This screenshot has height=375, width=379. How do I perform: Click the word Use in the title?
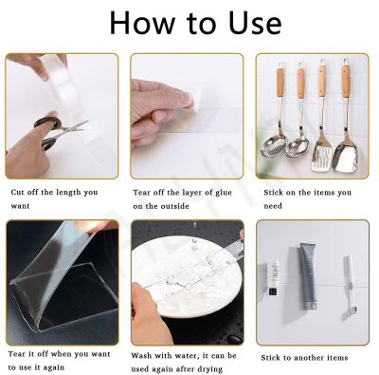tap(255, 23)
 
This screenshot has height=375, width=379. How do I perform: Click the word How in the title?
tap(142, 23)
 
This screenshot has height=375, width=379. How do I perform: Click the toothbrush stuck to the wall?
tap(349, 286)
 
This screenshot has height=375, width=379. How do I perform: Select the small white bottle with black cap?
tap(273, 278)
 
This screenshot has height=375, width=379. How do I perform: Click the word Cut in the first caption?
tap(17, 192)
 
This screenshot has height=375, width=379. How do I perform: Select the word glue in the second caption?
tap(224, 193)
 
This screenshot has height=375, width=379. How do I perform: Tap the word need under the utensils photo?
tap(273, 206)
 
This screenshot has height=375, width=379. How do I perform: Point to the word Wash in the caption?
tap(141, 355)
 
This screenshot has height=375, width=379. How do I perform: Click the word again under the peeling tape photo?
tap(53, 368)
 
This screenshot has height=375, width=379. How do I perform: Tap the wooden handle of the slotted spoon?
tap(280, 84)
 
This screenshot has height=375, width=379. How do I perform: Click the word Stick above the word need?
tap(274, 192)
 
